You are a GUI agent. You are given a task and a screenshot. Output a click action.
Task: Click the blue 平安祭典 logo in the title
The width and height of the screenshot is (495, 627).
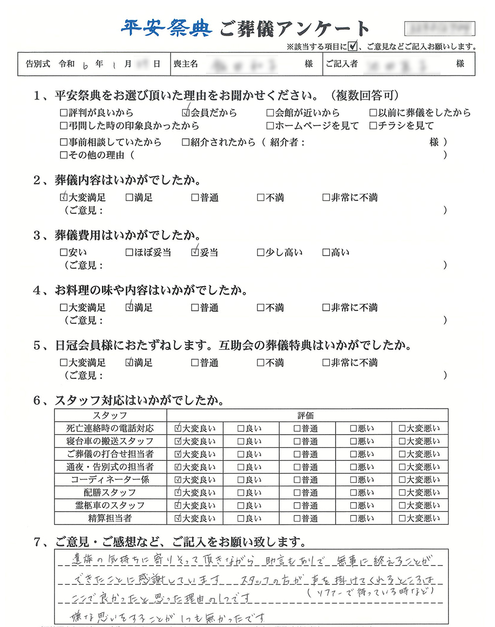(167, 28)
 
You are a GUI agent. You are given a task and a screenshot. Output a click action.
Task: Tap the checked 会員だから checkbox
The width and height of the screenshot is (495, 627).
(186, 113)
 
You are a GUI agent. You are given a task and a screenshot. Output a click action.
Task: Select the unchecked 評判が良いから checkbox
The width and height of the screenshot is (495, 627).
(64, 113)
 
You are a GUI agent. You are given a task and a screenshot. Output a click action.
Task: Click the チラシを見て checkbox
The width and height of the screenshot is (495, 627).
(373, 126)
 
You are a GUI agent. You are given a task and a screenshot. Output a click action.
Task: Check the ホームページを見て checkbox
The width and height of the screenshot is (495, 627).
(270, 126)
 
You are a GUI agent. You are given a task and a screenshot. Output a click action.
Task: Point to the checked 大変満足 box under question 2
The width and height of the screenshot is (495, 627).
(64, 197)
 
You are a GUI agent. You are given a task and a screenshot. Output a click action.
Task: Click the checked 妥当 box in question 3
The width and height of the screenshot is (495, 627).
(195, 252)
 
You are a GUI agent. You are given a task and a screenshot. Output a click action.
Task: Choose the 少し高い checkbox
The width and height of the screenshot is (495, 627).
(261, 253)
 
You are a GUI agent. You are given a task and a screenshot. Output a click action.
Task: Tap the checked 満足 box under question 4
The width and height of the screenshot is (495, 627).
(129, 307)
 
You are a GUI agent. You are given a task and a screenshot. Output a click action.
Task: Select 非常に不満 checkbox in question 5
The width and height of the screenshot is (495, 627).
(326, 363)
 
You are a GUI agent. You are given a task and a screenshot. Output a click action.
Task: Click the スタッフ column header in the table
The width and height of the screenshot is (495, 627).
(110, 415)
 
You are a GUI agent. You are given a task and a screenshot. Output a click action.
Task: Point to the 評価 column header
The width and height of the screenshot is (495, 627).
(305, 415)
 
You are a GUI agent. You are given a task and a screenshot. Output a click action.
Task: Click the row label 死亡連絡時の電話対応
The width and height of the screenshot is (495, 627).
(110, 428)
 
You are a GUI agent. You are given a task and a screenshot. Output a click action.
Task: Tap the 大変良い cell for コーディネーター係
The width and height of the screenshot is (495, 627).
(179, 480)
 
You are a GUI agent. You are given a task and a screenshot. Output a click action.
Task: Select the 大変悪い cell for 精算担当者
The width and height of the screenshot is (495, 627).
(402, 518)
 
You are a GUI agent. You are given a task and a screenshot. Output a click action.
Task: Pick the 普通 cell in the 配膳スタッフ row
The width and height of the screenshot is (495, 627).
(297, 493)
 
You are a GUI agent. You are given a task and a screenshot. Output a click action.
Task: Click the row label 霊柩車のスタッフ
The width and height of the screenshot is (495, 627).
(110, 506)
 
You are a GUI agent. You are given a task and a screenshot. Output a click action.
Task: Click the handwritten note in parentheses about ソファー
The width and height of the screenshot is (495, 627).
(371, 591)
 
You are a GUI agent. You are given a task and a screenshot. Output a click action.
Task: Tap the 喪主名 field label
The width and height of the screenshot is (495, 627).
(186, 64)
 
